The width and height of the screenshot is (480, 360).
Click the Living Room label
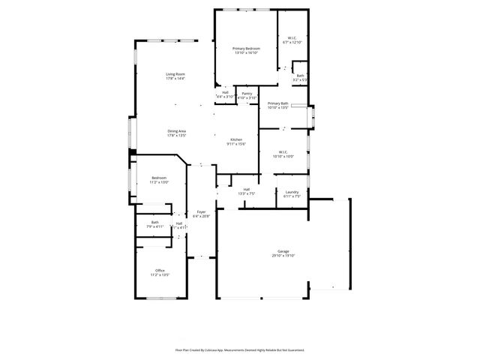(x=175, y=73)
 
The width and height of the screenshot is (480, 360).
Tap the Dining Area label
(x=177, y=131)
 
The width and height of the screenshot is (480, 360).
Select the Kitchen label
(x=236, y=139)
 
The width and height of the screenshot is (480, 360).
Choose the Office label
(x=160, y=270)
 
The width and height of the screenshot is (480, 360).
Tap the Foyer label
(x=202, y=211)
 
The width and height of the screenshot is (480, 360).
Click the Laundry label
(x=292, y=192)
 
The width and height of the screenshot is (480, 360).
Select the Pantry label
(x=247, y=93)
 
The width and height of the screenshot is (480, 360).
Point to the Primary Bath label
(x=278, y=103)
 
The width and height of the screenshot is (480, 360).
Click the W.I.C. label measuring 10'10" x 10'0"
(x=283, y=156)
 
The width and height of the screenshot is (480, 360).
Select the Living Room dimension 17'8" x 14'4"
(x=175, y=79)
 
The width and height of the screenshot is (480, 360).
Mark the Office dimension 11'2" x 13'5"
(x=160, y=275)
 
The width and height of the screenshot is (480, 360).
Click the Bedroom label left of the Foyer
(x=159, y=178)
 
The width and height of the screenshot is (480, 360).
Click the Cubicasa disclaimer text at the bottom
(x=240, y=349)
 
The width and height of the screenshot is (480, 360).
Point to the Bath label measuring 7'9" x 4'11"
(x=154, y=222)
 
